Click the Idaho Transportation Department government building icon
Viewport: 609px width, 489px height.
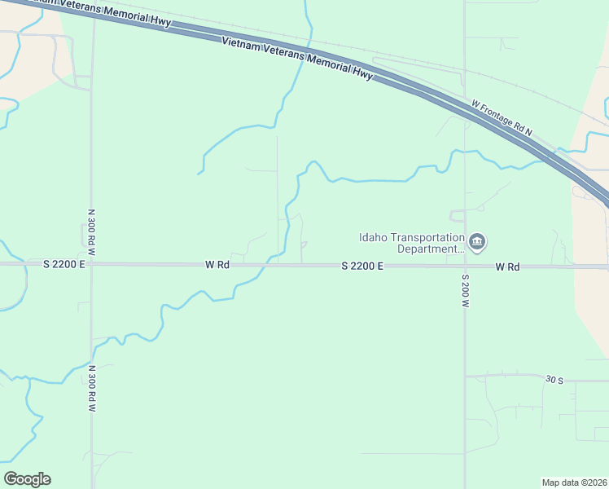[x=478, y=242]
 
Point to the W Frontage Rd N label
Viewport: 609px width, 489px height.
[x=501, y=118]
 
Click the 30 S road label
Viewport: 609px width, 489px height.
[x=554, y=379]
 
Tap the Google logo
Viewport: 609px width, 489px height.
[x=27, y=479]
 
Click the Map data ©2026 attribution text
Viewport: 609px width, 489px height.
[x=574, y=482]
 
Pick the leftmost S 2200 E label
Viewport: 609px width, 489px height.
[x=64, y=264]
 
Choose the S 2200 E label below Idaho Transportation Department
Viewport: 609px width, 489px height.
[x=362, y=266]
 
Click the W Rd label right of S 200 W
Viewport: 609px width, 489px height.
[x=506, y=267]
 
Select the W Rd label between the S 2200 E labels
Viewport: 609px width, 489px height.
[x=217, y=265]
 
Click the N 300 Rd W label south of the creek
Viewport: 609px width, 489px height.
[x=91, y=390]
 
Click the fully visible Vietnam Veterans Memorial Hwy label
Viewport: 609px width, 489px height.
[x=297, y=59]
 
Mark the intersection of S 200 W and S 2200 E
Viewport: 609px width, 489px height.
[x=465, y=266]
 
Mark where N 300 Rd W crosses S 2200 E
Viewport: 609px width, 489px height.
[x=91, y=264]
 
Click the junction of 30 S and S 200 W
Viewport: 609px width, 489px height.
[x=465, y=377]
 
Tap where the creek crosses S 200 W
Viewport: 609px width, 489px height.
[x=465, y=152]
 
